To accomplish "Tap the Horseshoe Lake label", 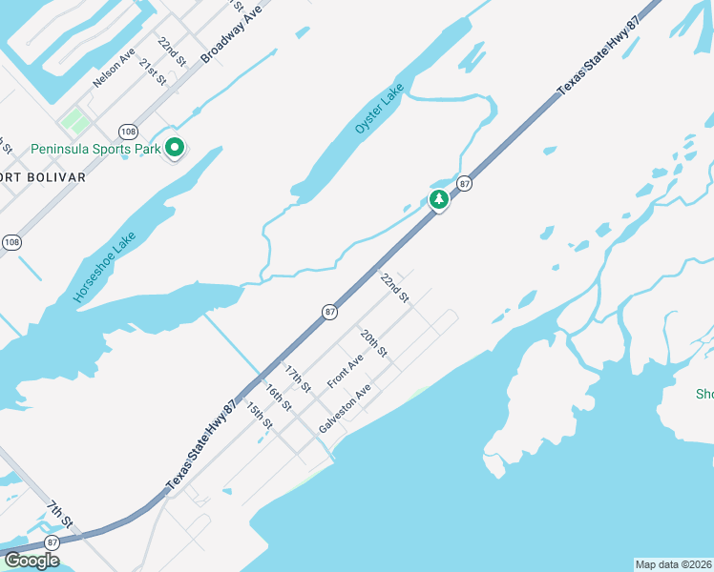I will tap(106, 269).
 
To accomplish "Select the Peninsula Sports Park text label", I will tap(94, 149).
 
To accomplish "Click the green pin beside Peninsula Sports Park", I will tap(174, 148).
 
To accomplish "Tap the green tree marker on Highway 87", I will tap(438, 199).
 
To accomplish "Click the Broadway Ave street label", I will tap(231, 33).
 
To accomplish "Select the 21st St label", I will tap(153, 71).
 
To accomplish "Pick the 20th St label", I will tap(373, 343).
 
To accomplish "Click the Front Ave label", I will tap(346, 370).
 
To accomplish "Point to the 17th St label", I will tap(298, 378).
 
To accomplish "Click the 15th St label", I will tap(259, 415).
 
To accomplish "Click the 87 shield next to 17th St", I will tap(329, 312).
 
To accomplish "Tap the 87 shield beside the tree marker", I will tap(465, 183).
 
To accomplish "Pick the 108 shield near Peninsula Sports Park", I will tap(127, 130).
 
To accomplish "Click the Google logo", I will tap(31, 561).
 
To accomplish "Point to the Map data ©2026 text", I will tap(674, 564).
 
